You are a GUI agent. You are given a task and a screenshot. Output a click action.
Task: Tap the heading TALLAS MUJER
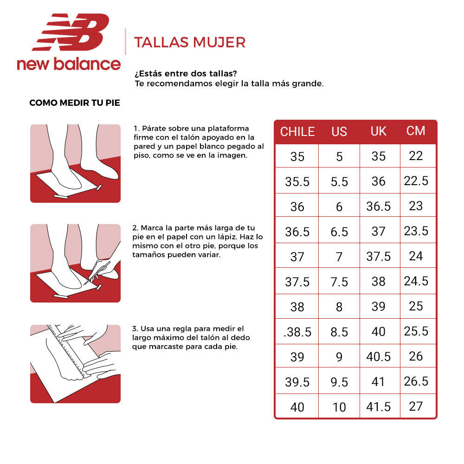(189, 42)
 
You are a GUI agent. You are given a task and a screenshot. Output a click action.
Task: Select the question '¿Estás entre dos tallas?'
(185, 74)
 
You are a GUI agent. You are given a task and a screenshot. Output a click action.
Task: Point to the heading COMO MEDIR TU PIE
(75, 103)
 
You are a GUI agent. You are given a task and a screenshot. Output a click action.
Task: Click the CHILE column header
(297, 132)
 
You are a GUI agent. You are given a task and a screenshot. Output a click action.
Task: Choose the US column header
(339, 132)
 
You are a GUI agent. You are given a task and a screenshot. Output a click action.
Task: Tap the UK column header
(379, 131)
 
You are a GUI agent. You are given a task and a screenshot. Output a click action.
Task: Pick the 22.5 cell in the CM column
(416, 180)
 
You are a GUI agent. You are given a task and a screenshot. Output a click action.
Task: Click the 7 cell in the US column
(339, 257)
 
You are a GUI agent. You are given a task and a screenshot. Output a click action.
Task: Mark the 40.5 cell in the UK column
(379, 357)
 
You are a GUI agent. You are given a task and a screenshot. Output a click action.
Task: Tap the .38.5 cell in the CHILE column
(297, 332)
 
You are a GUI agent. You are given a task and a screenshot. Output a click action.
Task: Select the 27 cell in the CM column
(416, 406)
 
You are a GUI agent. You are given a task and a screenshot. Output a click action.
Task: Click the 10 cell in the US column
(339, 407)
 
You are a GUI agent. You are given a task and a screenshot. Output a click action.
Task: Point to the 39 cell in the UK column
(379, 307)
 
